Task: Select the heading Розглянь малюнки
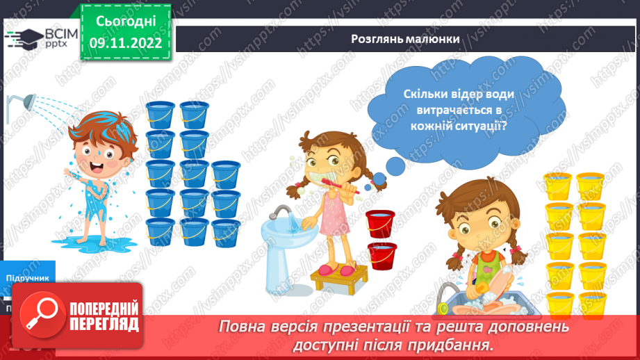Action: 405,39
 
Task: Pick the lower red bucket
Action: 382,255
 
